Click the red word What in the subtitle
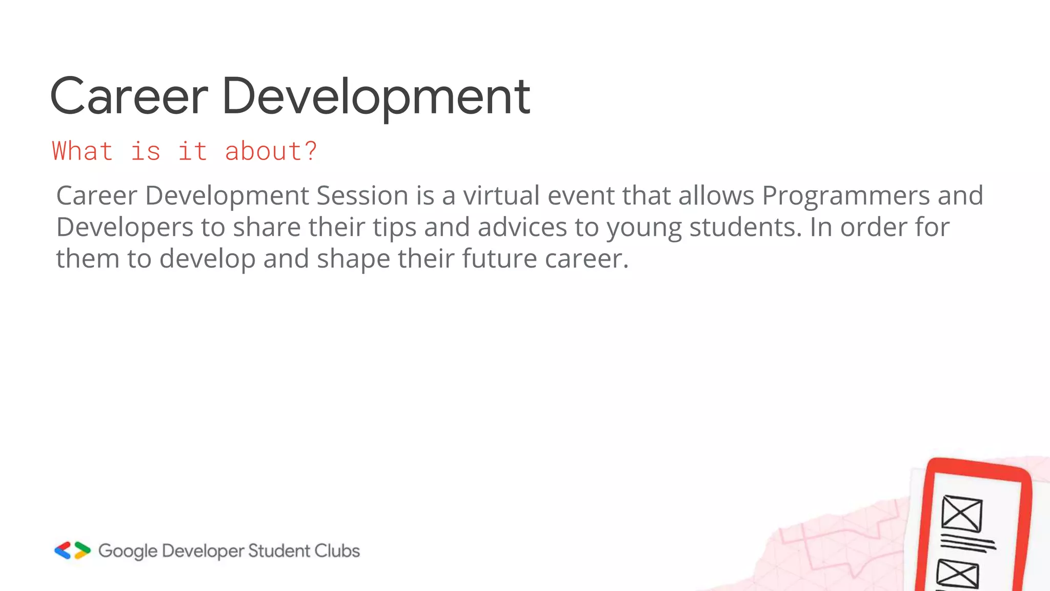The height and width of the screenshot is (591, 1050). click(82, 151)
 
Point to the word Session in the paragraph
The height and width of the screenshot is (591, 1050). click(362, 195)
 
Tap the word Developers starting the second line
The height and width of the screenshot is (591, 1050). click(125, 227)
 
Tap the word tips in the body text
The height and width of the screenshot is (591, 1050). click(394, 228)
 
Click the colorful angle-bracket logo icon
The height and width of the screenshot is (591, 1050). click(72, 550)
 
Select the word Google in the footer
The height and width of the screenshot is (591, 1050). click(128, 551)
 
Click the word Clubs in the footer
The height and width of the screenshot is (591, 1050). click(337, 550)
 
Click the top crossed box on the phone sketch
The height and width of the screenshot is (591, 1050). click(962, 513)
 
